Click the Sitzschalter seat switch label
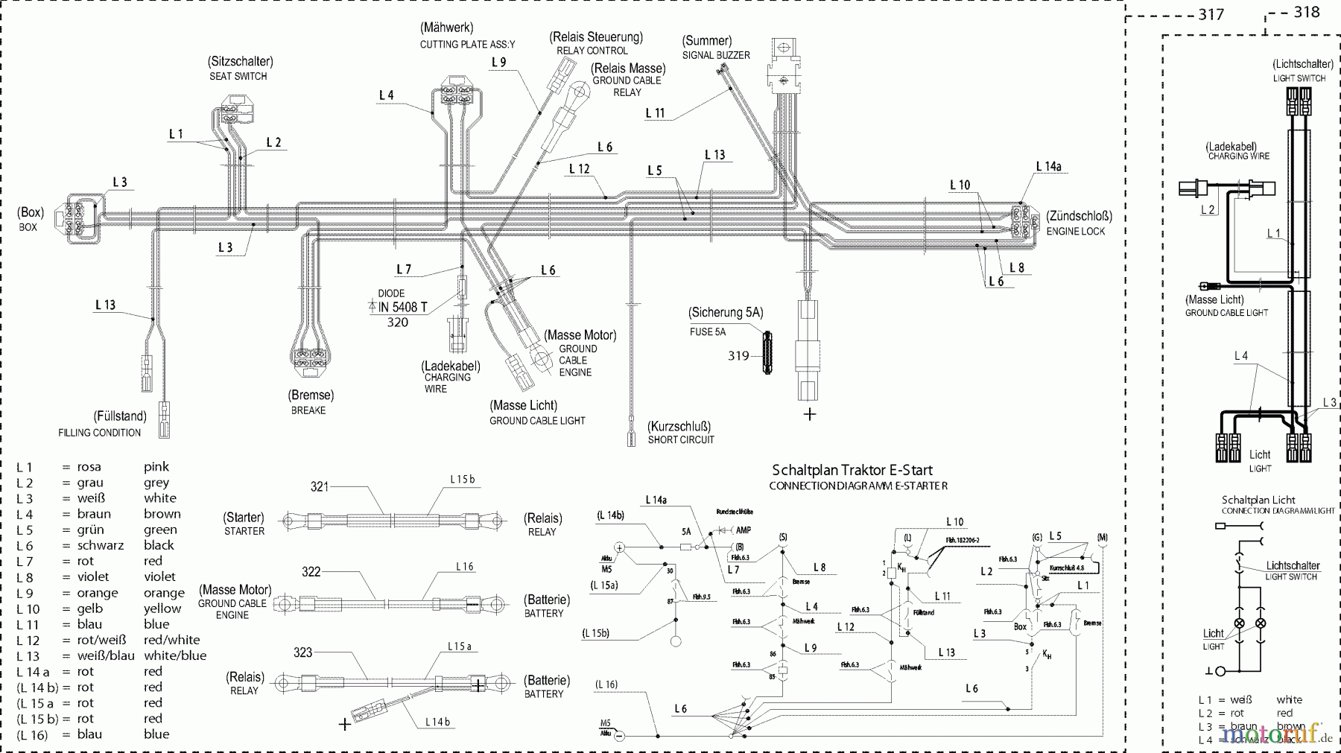[240, 68]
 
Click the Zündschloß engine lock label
[1079, 223]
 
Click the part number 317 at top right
[1211, 14]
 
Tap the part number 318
[1307, 11]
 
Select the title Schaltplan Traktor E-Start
[852, 470]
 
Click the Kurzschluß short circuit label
[679, 432]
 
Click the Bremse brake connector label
[310, 401]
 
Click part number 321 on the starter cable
[320, 486]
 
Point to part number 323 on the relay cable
[302, 652]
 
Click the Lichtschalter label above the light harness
[1302, 70]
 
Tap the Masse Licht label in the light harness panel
[1225, 305]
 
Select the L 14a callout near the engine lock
[1048, 167]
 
